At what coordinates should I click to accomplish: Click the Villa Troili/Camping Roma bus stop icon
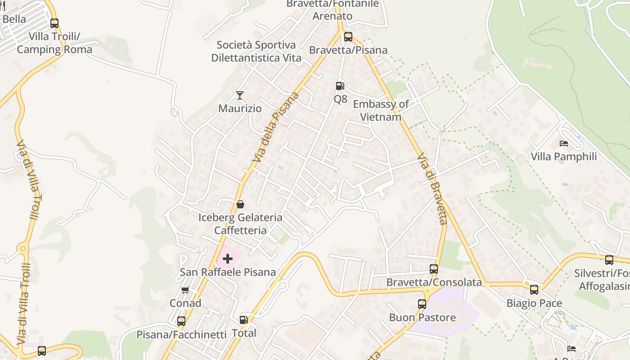click(x=54, y=23)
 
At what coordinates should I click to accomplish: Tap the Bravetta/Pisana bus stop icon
click(x=348, y=36)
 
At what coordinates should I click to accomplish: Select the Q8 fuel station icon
click(x=340, y=85)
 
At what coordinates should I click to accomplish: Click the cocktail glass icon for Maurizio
click(x=240, y=95)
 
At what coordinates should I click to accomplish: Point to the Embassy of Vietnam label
click(x=381, y=110)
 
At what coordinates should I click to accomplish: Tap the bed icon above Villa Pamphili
click(x=563, y=144)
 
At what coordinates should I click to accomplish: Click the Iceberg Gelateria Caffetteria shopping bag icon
click(x=240, y=204)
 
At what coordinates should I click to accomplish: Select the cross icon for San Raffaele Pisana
click(x=228, y=258)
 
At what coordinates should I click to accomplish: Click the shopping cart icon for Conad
click(x=185, y=290)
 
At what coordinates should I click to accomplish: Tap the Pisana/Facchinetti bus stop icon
click(x=181, y=321)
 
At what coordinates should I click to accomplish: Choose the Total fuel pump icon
click(x=243, y=320)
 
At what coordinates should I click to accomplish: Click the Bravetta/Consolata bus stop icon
click(x=434, y=269)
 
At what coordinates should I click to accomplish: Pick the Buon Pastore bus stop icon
click(x=422, y=304)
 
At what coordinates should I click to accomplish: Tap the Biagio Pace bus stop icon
click(x=534, y=290)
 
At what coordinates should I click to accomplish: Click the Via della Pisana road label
click(x=276, y=127)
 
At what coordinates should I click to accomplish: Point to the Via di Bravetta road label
click(x=432, y=189)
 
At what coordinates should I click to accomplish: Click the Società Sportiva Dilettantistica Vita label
click(x=256, y=51)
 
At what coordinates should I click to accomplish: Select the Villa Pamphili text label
click(x=564, y=157)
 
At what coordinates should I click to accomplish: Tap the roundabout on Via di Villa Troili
click(x=22, y=248)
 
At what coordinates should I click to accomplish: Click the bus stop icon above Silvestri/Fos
click(x=609, y=260)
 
